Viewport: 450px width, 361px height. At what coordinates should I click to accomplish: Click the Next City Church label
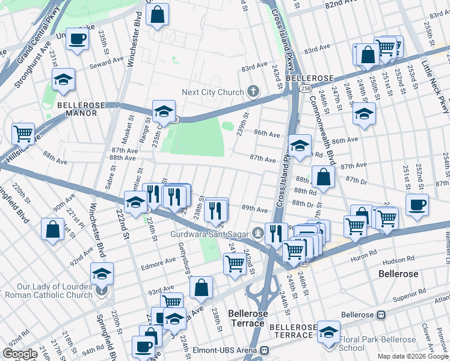(213, 92)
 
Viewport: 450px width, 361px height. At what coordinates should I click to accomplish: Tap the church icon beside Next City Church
(253, 92)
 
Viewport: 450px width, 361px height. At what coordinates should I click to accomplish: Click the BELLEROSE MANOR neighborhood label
(81, 108)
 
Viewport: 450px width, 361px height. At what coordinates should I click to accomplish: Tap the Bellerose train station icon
(380, 315)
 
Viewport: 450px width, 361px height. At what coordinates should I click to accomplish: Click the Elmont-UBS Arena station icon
(264, 350)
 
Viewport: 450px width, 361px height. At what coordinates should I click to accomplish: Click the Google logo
(20, 354)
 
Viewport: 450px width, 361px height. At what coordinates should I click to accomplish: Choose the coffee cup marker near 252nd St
(417, 205)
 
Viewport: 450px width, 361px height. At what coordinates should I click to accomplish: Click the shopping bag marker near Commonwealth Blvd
(324, 177)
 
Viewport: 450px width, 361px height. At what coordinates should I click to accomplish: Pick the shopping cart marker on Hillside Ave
(23, 134)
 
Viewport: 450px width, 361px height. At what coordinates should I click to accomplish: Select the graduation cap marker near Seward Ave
(63, 79)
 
